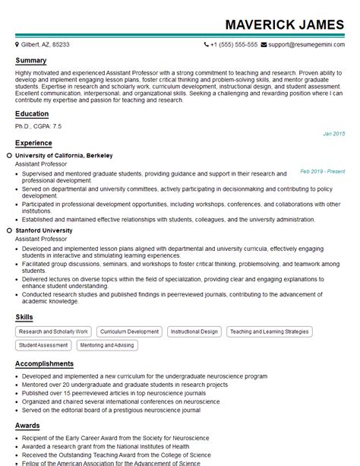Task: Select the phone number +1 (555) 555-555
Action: [x=234, y=45]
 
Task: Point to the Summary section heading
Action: [x=30, y=61]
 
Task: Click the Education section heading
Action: [x=32, y=114]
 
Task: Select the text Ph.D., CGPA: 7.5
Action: [x=38, y=125]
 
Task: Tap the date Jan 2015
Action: [x=333, y=134]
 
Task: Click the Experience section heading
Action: [x=33, y=143]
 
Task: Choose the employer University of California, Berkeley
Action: [x=64, y=155]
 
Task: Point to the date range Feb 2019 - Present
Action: [x=322, y=172]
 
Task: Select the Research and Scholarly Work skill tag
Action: [x=53, y=332]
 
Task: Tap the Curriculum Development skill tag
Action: [x=129, y=332]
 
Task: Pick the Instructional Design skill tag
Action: [x=194, y=332]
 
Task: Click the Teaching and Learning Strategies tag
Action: [x=270, y=332]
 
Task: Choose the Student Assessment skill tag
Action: [x=43, y=345]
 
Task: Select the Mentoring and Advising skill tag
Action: [x=107, y=345]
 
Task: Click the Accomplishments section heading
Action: [x=44, y=364]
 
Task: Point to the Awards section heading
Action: [x=27, y=426]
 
